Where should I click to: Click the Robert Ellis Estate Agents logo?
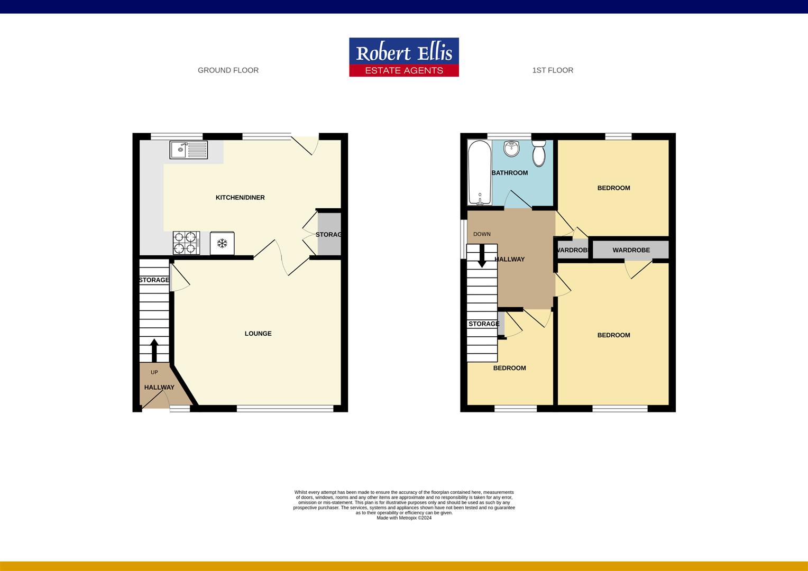click(403, 57)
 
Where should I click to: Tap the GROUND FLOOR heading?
click(228, 70)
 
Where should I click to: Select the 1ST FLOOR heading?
click(553, 70)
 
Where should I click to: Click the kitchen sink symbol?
click(189, 150)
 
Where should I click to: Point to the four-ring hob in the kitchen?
click(186, 243)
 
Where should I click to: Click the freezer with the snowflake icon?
click(222, 243)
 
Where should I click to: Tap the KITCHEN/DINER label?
click(240, 198)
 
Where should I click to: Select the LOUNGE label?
click(258, 334)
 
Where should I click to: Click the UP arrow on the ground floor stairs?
click(154, 350)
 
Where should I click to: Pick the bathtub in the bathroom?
click(479, 172)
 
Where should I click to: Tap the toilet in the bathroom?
click(539, 153)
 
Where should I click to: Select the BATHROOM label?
click(510, 173)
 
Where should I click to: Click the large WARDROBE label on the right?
click(631, 250)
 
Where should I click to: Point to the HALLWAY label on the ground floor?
click(159, 388)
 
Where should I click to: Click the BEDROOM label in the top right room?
click(613, 188)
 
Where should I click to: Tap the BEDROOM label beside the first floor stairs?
click(509, 368)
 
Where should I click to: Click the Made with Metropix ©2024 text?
click(404, 518)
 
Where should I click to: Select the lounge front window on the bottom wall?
click(285, 408)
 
